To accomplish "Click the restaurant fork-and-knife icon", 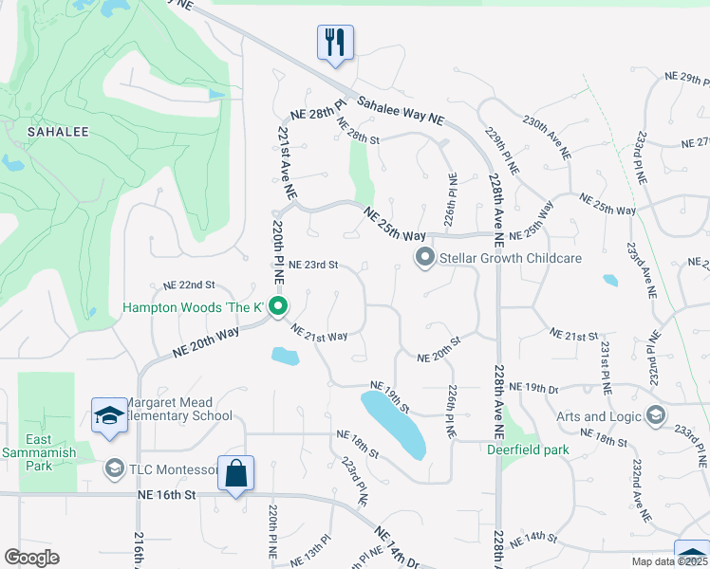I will coord(335,43).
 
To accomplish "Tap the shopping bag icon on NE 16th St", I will coord(235,472).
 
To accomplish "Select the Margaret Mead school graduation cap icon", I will coord(109,414).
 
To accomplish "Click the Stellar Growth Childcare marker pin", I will coord(425,257).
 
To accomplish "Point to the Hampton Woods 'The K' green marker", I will coord(278,306).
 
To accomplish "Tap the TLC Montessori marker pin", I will coord(115,468).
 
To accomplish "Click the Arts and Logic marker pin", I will coord(655,415).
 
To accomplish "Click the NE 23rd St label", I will coord(314,266).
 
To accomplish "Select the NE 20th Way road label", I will coord(206,340).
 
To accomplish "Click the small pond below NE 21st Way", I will coord(285,357).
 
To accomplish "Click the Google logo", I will coord(31,558).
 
